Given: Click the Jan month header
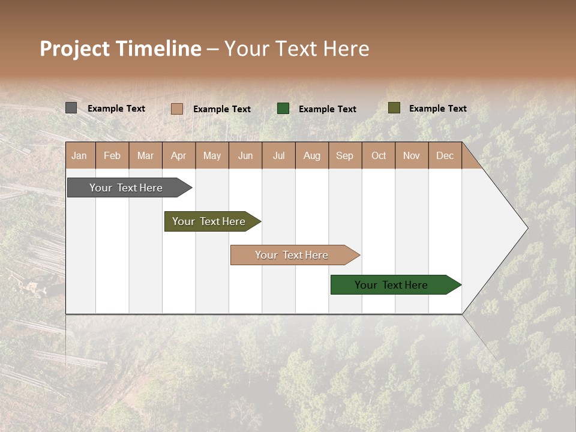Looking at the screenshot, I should point(79,155).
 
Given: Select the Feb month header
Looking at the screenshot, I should point(112,155).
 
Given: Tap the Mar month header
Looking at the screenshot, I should point(145,155).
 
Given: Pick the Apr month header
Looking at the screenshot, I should point(179,155).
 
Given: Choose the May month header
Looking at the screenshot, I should point(212,155).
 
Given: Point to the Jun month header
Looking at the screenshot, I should point(245,155).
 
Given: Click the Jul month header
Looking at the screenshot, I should point(278,155).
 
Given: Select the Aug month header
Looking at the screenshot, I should point(312,155).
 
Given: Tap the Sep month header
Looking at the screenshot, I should point(345,155).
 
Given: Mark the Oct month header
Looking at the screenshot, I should point(379,155).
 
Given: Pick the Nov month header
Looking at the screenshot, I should point(412,155).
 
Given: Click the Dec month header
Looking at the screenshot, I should point(445,155).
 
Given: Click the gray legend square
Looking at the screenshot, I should point(71,108).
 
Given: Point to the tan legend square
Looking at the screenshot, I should point(176,109).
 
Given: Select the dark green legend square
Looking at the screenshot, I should point(283,108).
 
